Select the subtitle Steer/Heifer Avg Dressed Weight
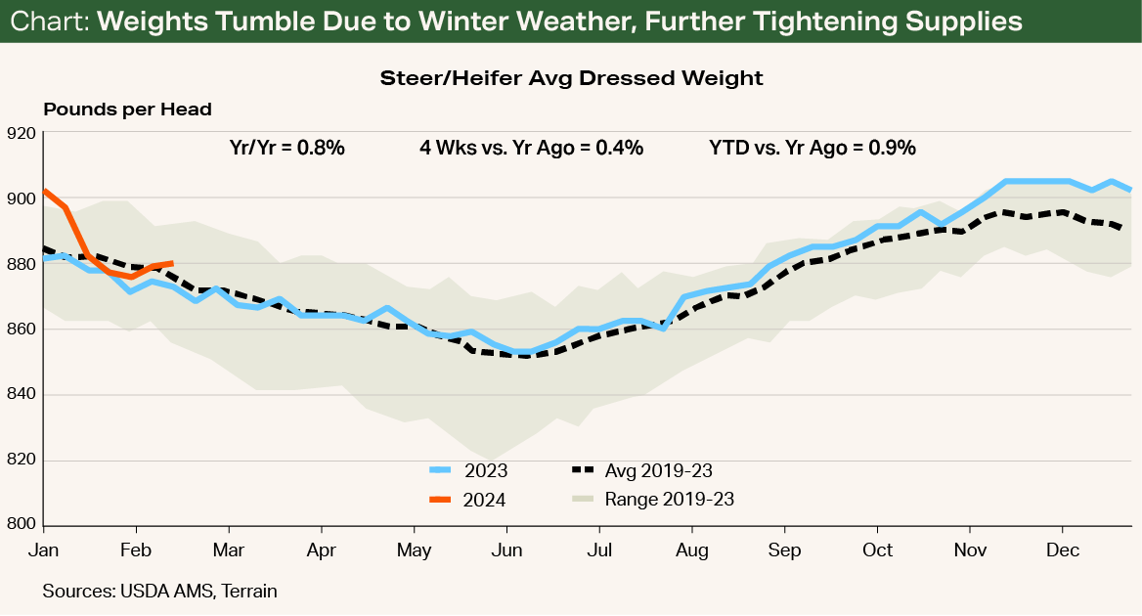coord(571,77)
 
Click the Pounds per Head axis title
coord(127,110)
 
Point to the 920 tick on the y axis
coord(21,133)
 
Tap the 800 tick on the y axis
coord(21,525)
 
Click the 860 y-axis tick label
coord(21,330)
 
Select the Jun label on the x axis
coord(506,550)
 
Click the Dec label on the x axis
coord(1063,550)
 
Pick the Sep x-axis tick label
coord(784,550)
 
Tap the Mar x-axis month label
coord(228,550)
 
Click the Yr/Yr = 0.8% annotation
coord(281,149)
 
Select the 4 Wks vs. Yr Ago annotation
coord(531,149)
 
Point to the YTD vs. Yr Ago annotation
coord(812,149)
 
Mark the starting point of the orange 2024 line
coord(44,191)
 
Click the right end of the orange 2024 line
coord(172,263)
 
